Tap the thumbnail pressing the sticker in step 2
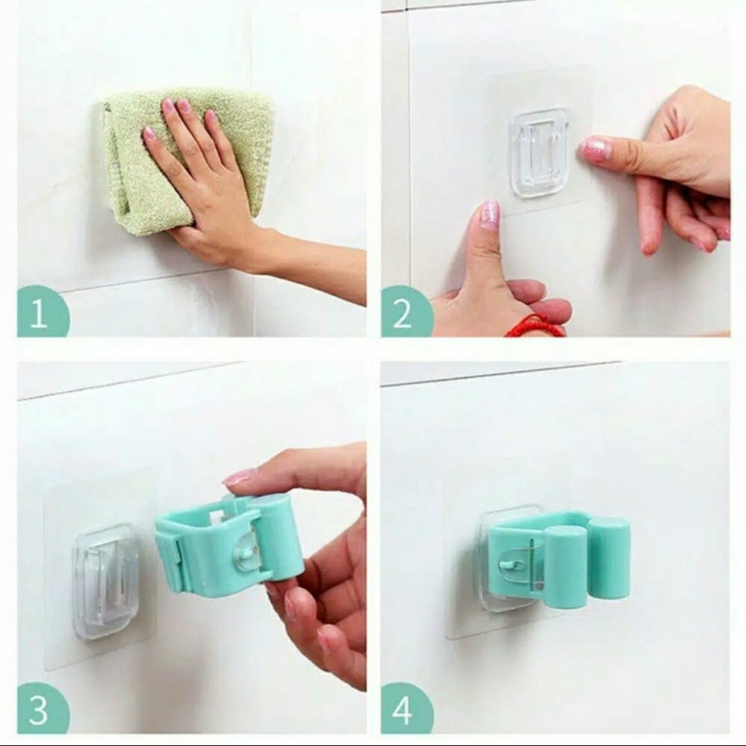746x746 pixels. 490,215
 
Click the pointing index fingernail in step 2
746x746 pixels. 594,149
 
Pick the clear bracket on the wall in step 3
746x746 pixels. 104,579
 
